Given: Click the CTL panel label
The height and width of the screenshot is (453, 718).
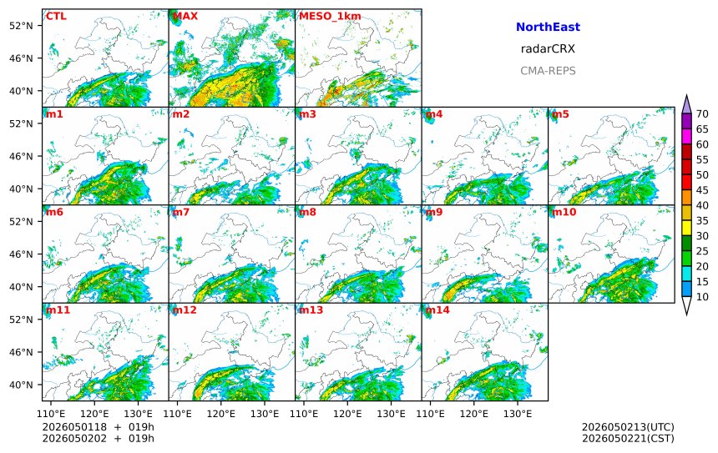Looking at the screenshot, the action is tap(56, 17).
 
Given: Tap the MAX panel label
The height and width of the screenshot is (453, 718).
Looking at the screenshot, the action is tap(185, 17).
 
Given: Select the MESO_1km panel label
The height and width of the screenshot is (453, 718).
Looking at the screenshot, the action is tap(330, 17).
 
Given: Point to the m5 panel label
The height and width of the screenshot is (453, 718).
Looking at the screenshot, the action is tap(560, 114).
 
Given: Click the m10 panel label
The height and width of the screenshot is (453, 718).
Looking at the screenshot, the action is tap(564, 212).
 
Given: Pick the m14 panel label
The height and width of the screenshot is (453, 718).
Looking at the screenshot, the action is tap(437, 310).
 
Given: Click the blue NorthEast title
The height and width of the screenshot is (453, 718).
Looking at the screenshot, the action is tap(548, 27).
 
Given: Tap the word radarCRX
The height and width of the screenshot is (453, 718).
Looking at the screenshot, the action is tap(548, 49).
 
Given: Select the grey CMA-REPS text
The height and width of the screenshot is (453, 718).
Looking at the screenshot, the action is tap(548, 71).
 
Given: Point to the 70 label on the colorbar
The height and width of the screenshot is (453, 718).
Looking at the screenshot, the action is tap(702, 114).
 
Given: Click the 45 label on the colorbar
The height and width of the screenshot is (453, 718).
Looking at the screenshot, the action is tap(702, 190).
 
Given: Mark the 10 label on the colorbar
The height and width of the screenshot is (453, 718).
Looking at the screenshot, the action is tap(702, 297).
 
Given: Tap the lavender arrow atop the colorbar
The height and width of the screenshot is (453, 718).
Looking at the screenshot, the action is tap(686, 105).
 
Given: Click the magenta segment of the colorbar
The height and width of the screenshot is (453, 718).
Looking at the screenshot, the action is tap(686, 136).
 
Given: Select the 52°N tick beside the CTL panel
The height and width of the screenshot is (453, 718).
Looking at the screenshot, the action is tap(21, 26).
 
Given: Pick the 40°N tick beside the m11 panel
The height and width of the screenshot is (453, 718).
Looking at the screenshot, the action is tap(21, 385).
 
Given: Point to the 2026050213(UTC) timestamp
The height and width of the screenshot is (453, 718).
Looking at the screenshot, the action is tap(628, 427).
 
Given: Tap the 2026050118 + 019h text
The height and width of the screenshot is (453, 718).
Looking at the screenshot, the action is tap(98, 427).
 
